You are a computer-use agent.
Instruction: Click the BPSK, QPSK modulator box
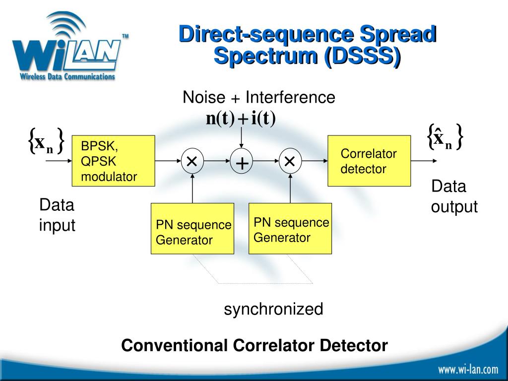tap(113, 161)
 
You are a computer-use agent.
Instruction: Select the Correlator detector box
tap(369, 161)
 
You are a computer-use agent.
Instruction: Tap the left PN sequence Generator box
tap(192, 228)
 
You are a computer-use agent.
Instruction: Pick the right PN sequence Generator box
tap(290, 228)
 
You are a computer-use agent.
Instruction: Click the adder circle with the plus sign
tap(242, 162)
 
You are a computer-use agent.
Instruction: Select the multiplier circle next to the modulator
tap(192, 161)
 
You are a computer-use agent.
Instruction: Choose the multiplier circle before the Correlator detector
tap(290, 161)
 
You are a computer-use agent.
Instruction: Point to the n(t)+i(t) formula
tap(241, 119)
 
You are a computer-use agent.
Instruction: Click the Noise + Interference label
tap(259, 97)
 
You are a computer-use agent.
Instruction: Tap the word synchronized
tap(273, 309)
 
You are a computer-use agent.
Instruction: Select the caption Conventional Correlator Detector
tap(254, 345)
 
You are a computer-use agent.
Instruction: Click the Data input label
tap(57, 215)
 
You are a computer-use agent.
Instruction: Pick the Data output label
tap(454, 196)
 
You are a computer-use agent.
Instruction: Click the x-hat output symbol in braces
tap(445, 137)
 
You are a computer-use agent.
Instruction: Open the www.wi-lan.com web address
tap(468, 369)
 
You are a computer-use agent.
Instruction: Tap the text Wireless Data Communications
tap(67, 76)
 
